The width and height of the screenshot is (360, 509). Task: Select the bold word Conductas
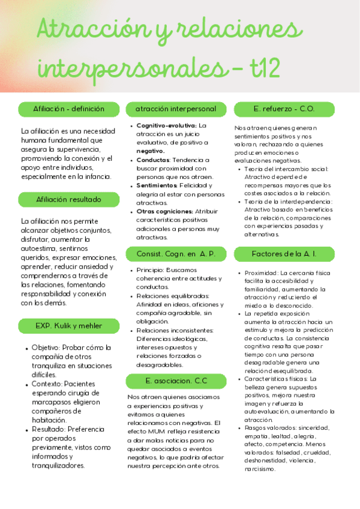153,160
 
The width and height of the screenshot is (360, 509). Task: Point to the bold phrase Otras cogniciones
164,211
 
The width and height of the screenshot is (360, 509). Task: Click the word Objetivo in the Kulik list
46,348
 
